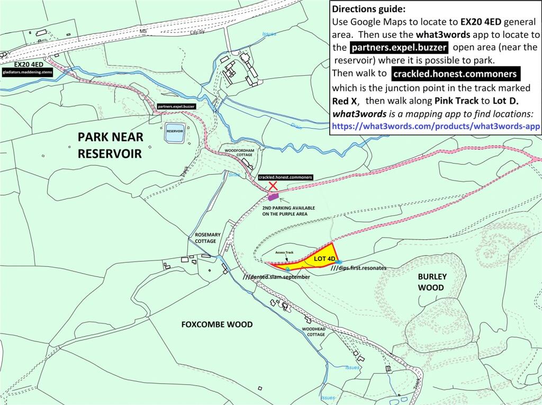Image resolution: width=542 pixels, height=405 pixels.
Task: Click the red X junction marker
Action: pyautogui.click(x=273, y=185)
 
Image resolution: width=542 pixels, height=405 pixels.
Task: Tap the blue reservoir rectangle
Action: pyautogui.click(x=175, y=134)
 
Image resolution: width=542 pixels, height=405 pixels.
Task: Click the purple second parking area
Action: pyautogui.click(x=273, y=197)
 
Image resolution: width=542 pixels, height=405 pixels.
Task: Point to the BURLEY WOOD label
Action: pyautogui.click(x=432, y=282)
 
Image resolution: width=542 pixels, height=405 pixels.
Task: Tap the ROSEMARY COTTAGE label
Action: pyautogui.click(x=205, y=237)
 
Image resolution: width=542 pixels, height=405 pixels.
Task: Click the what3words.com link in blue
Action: pyautogui.click(x=435, y=127)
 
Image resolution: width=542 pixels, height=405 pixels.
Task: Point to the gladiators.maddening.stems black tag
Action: pyautogui.click(x=27, y=71)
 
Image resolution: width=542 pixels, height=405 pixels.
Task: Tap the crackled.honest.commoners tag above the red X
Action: pyautogui.click(x=285, y=177)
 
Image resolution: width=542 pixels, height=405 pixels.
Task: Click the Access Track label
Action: pyautogui.click(x=284, y=253)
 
